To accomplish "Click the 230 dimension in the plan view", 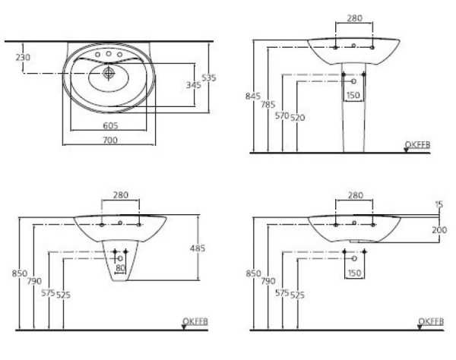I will click(24, 57).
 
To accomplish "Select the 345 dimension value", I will click(193, 85).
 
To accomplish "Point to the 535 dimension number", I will click(218, 76).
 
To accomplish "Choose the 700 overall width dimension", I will click(109, 142).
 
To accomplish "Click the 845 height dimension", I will click(253, 96).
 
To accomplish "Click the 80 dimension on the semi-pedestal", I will click(119, 267).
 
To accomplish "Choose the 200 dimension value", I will click(439, 229).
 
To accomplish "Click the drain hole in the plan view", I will click(108, 73).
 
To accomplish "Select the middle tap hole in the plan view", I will click(109, 55).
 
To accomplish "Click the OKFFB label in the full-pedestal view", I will click(418, 143).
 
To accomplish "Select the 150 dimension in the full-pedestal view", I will click(353, 95).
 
